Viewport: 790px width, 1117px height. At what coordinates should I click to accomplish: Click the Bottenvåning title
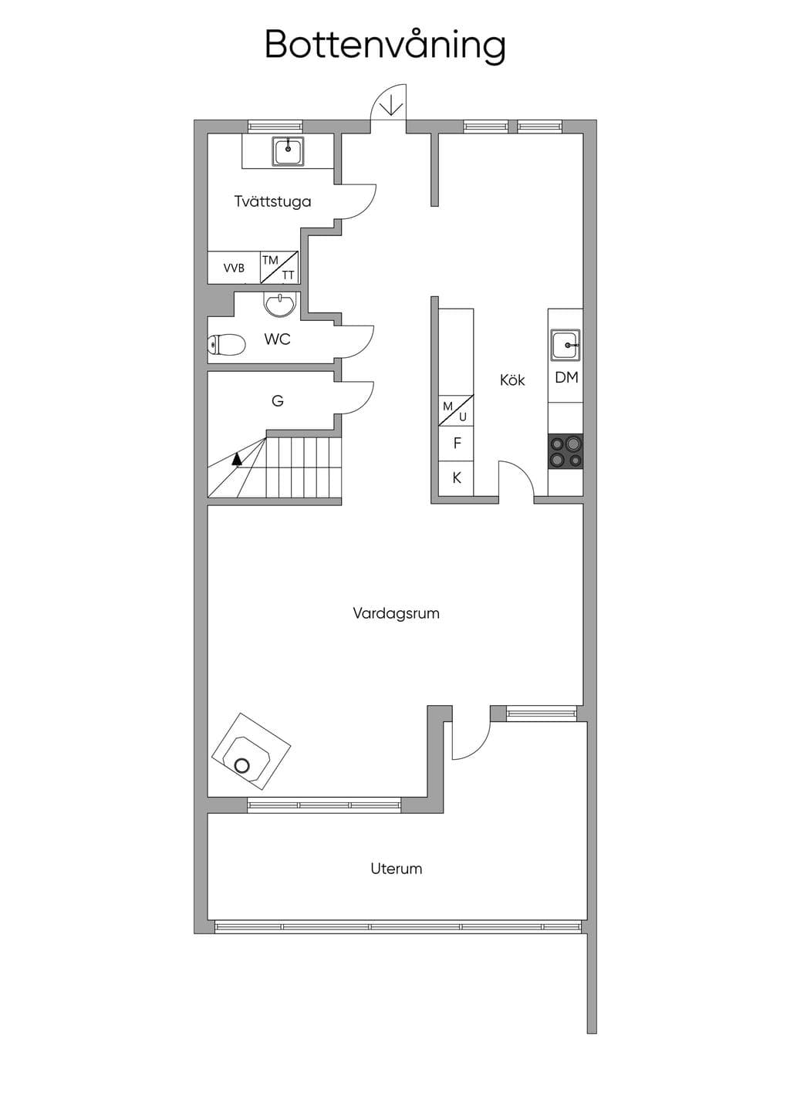coord(385,46)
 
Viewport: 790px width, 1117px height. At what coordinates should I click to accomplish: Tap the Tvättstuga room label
coord(273,201)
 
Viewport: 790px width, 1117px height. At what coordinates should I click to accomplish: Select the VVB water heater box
coord(234,268)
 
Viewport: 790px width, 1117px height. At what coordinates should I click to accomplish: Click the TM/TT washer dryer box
coord(279,268)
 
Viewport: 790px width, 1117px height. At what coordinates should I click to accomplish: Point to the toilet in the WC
coord(226,344)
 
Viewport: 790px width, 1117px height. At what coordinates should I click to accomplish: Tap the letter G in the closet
coord(277,400)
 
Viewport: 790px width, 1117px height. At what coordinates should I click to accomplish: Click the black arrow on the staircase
coord(238,459)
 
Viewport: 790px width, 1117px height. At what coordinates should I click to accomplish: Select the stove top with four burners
coord(565,451)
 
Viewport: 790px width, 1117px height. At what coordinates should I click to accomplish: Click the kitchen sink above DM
coord(565,345)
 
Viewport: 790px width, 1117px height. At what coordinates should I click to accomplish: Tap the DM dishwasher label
coord(566,377)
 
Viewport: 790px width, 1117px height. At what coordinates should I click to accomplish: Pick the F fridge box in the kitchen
coord(457,443)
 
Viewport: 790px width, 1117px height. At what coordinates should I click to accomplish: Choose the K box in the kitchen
coord(457,478)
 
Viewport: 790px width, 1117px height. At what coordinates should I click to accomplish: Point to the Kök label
coord(512,380)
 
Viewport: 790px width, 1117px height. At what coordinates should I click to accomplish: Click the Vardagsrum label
coord(396,612)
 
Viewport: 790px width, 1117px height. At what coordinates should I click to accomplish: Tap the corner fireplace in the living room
coord(251,751)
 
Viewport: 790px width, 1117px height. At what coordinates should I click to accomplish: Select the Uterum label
coord(396,869)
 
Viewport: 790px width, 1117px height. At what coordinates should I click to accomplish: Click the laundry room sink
coord(288,152)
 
